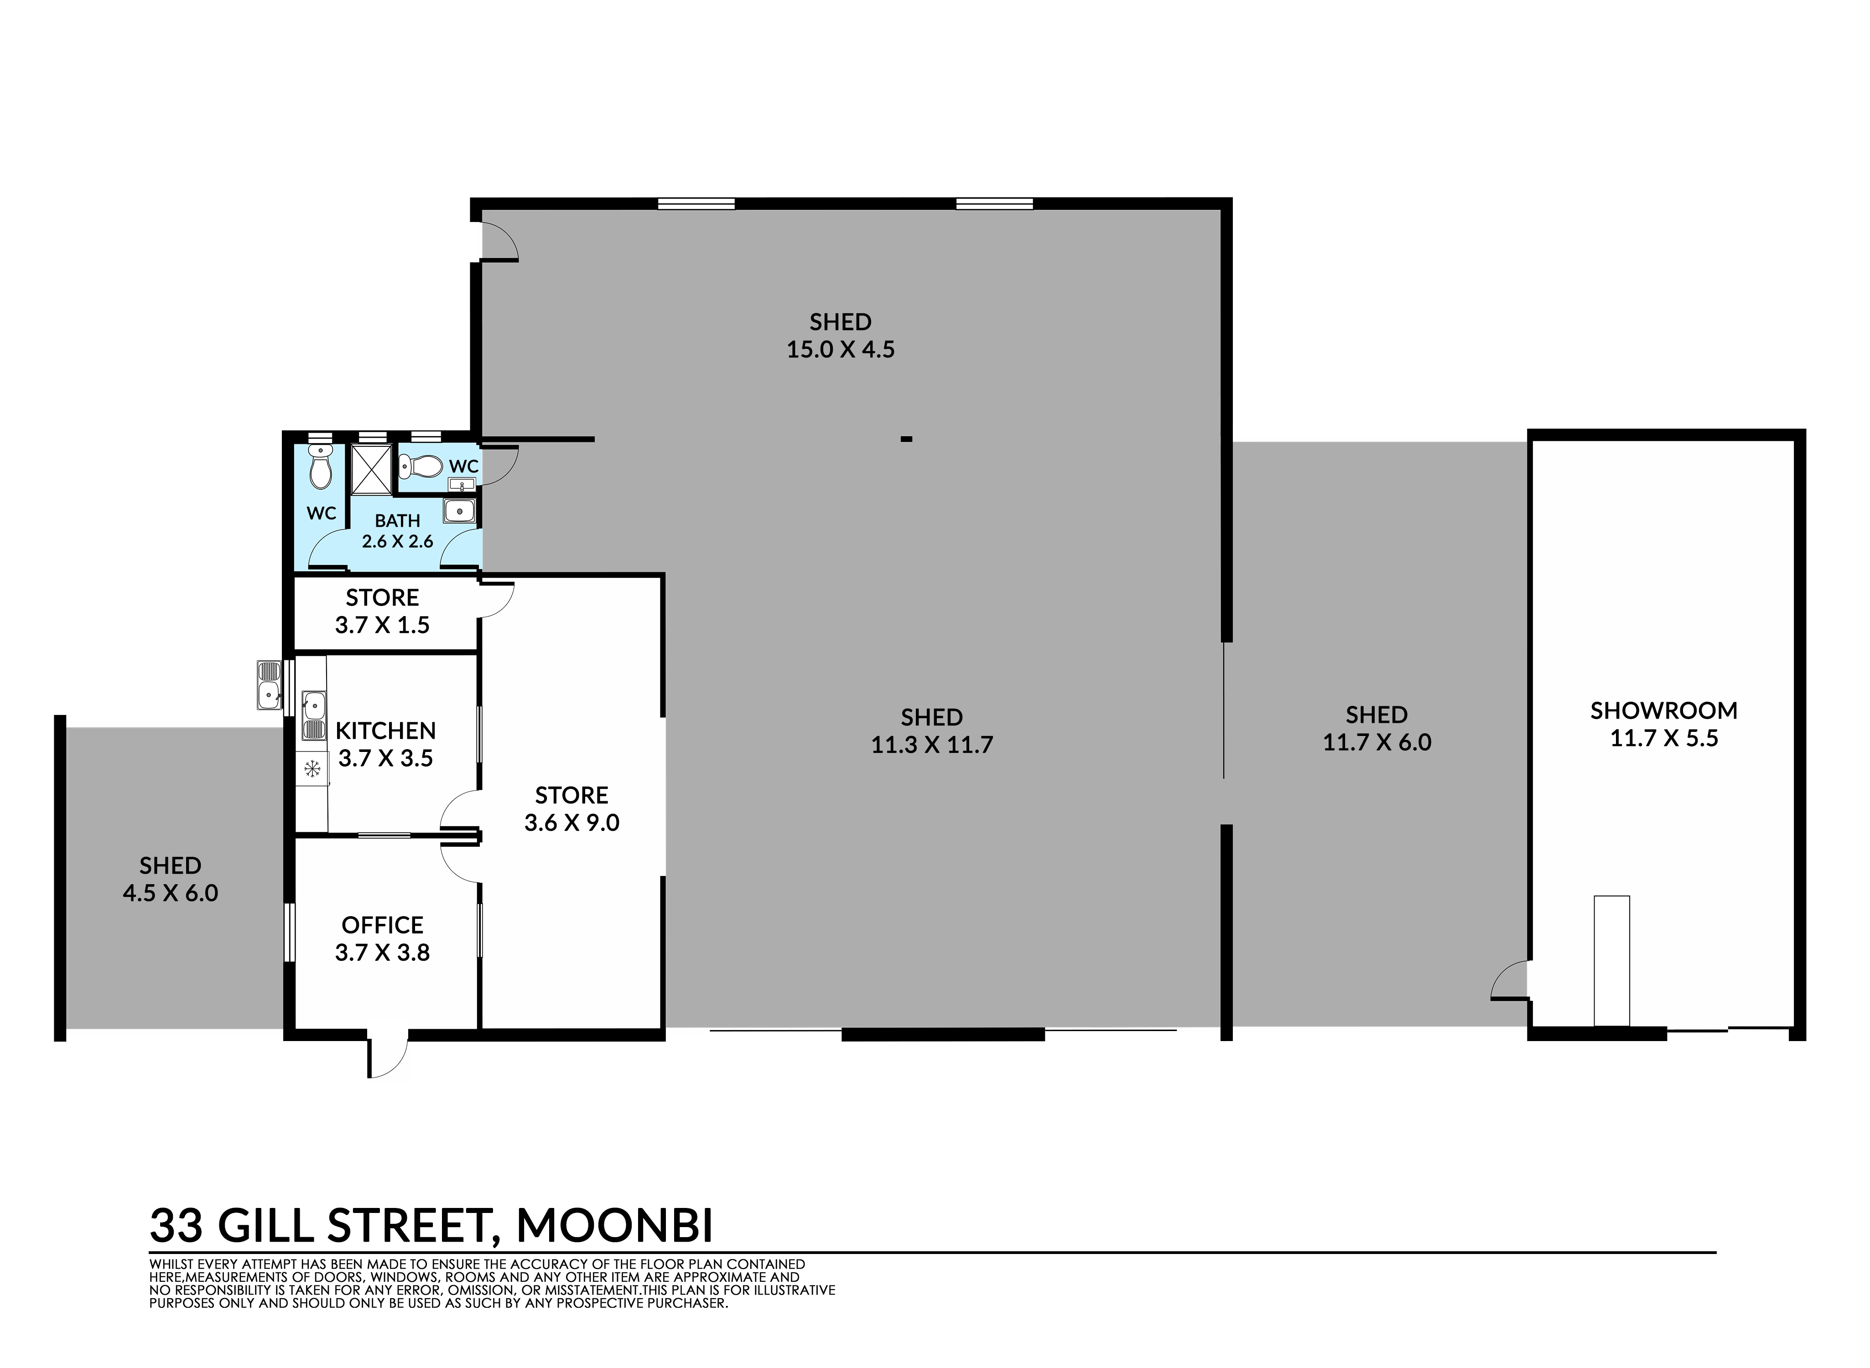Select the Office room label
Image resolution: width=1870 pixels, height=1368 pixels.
[x=383, y=924]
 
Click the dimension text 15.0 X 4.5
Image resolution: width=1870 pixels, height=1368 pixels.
[x=841, y=349]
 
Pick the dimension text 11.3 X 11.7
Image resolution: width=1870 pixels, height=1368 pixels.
[x=932, y=745]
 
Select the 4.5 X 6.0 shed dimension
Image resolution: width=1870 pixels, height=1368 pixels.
[x=171, y=893]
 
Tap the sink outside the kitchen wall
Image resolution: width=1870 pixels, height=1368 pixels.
[x=269, y=685]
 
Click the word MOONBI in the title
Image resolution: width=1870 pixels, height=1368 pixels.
[x=614, y=1226]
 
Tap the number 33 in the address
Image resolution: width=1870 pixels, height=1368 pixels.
[x=177, y=1226]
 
